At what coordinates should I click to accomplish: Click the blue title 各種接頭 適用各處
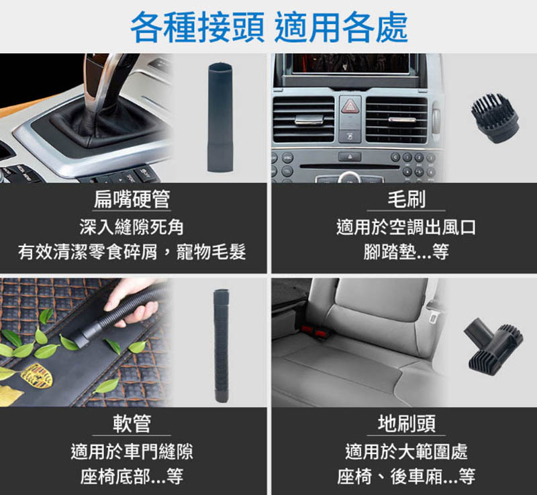coord(269,27)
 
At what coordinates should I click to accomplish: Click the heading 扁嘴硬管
coord(132,199)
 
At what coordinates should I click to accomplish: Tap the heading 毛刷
coord(407,199)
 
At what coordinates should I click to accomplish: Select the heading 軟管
coord(132,423)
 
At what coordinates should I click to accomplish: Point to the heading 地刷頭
coord(407,423)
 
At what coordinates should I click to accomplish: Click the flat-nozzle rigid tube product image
coord(220,117)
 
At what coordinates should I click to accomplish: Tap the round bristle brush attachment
coord(495,118)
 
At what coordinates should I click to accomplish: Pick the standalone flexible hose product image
coord(222,346)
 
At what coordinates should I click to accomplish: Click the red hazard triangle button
coord(350,107)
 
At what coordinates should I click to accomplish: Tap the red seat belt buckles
coord(314,331)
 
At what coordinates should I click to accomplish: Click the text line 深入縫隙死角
coord(132,227)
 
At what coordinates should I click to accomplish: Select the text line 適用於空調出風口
coord(407,227)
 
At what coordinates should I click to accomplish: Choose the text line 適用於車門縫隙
coord(132,451)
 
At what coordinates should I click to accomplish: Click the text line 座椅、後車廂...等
coord(407,476)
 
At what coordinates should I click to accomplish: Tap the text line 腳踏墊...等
coord(407,251)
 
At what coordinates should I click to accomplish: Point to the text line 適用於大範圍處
coord(407,451)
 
